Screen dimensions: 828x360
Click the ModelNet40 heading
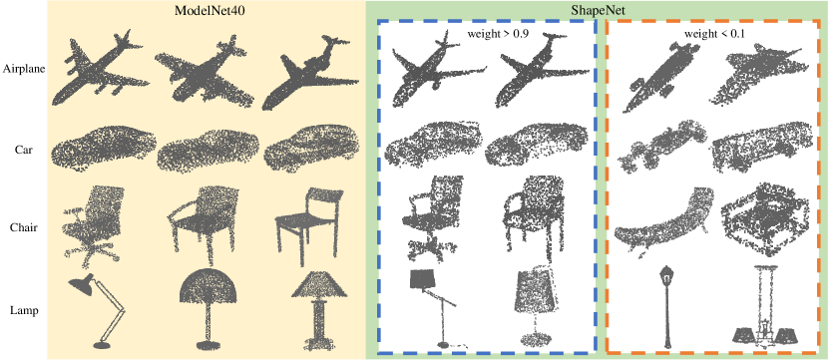[x=207, y=11]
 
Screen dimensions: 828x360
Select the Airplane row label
[x=23, y=69]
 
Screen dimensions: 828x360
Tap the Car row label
[x=24, y=149]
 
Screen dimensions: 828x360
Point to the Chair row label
[x=23, y=228]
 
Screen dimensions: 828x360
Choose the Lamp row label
[x=24, y=310]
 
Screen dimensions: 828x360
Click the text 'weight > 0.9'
[x=498, y=35]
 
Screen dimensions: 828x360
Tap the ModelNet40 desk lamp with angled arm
[x=98, y=311]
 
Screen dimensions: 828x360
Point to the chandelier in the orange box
[x=765, y=307]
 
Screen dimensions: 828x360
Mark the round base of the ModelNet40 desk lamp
[x=102, y=345]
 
